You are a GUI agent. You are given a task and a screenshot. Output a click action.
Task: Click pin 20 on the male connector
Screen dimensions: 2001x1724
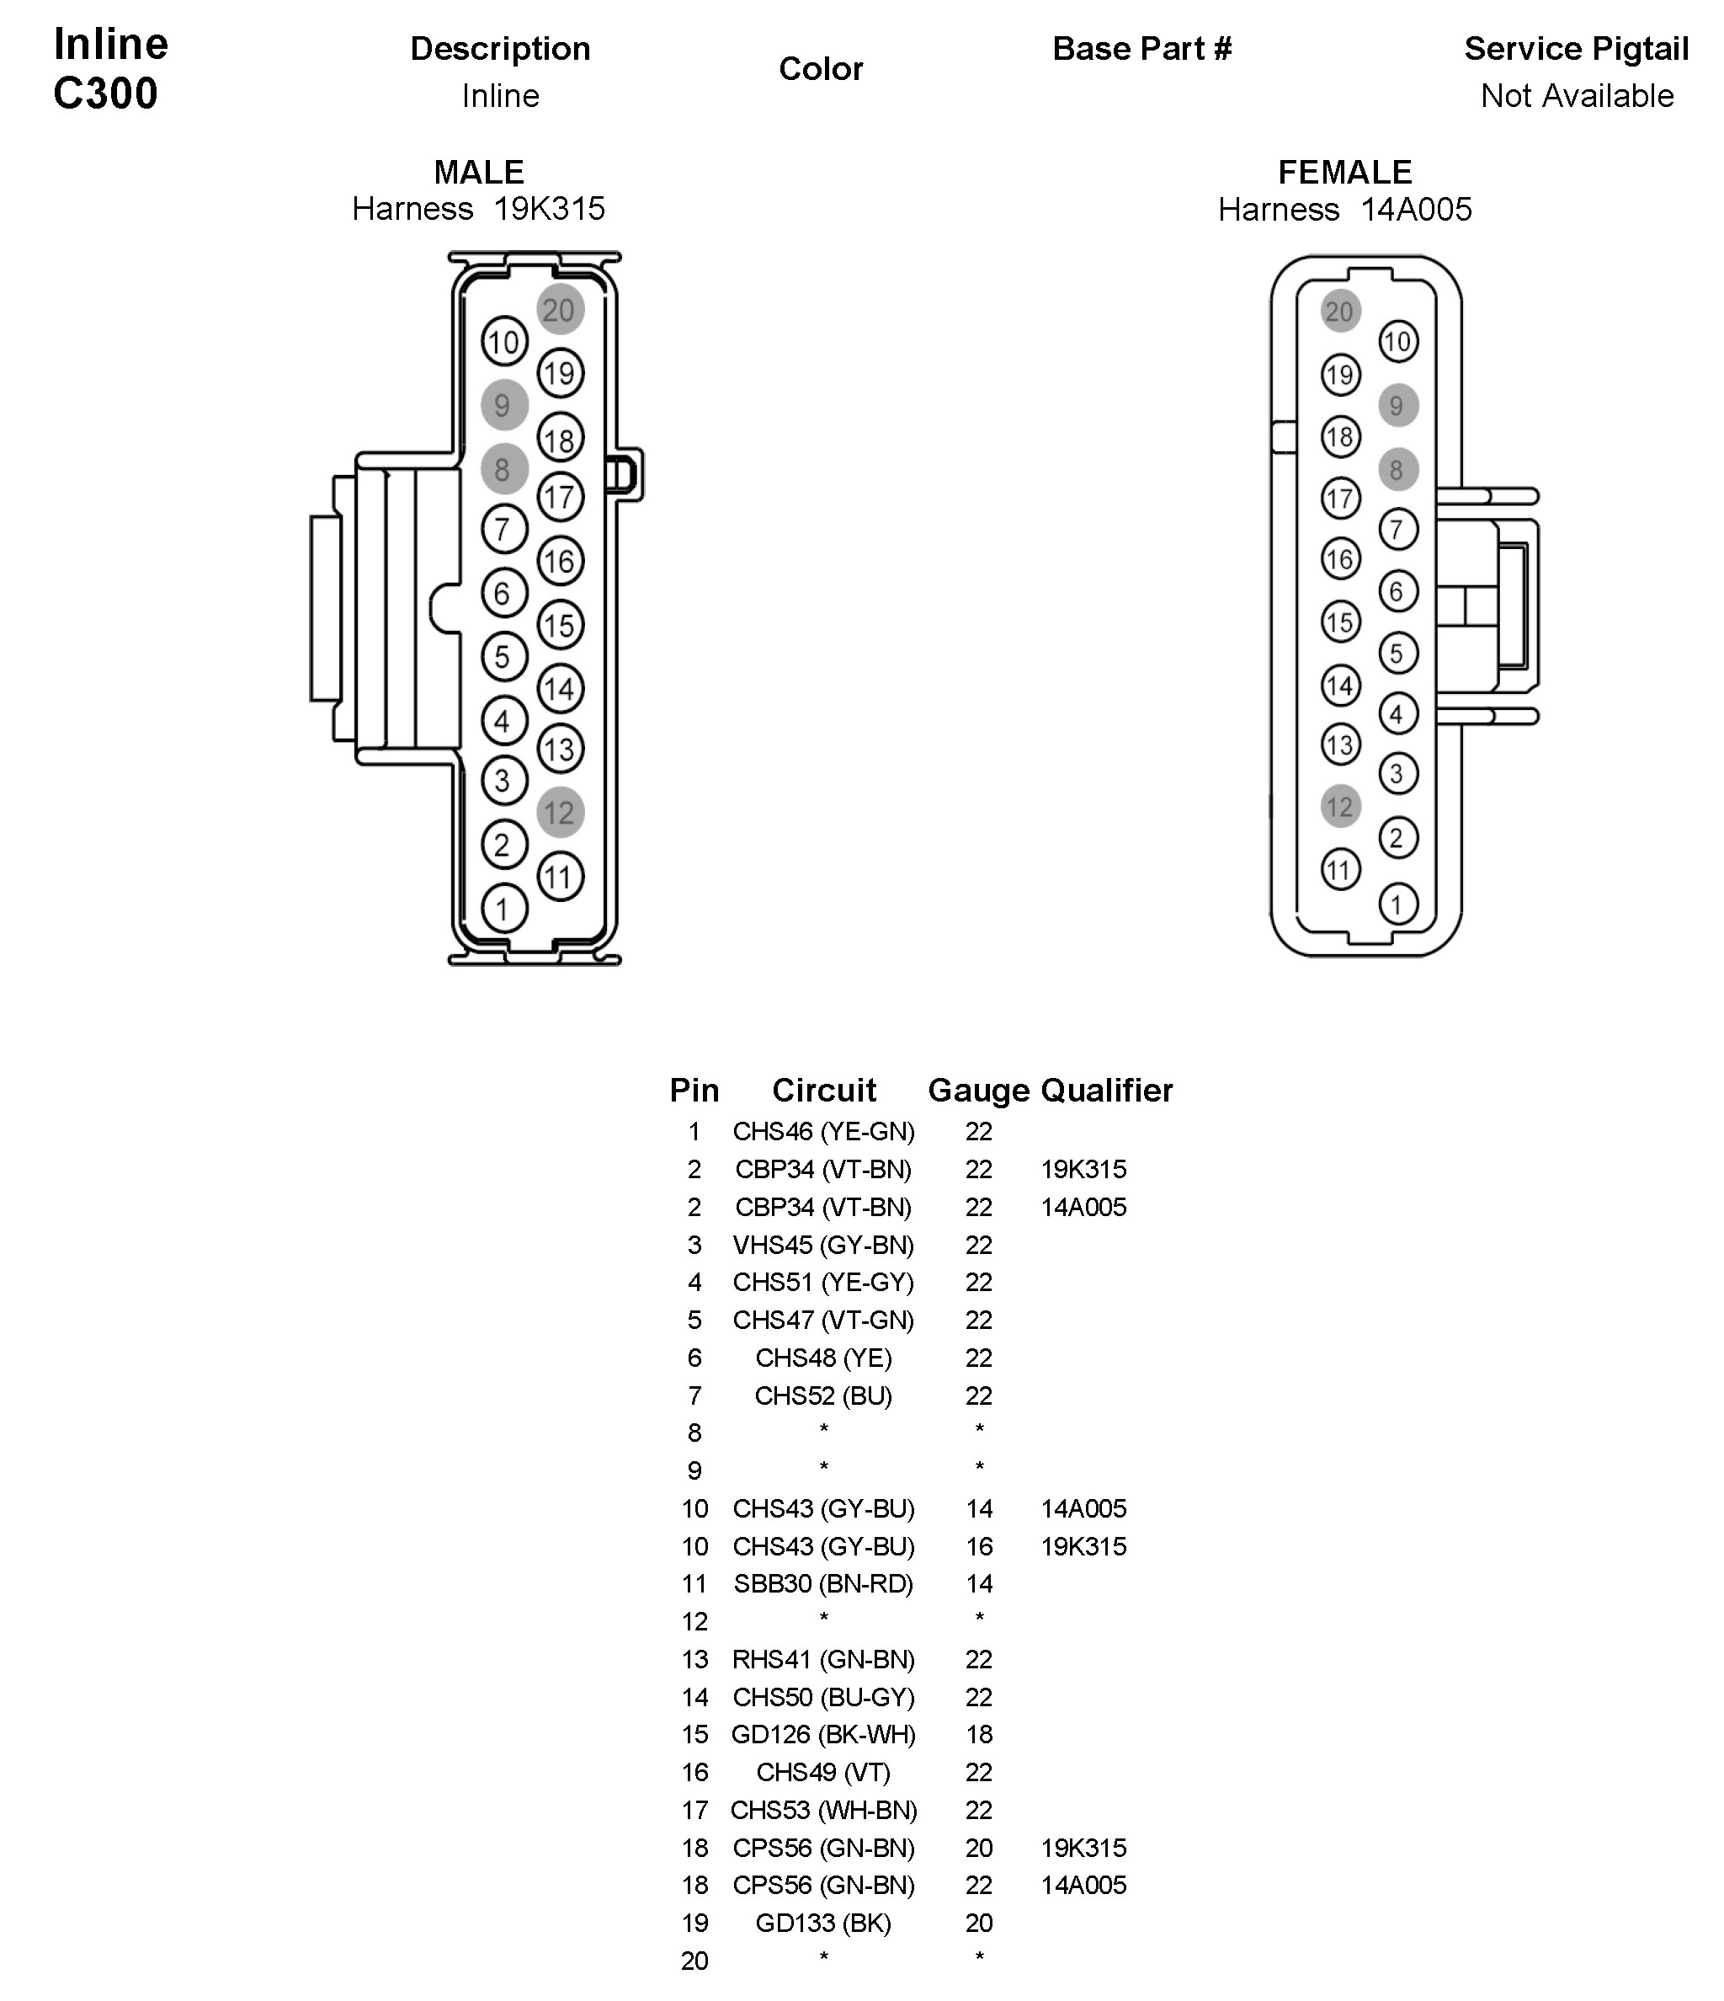tap(560, 310)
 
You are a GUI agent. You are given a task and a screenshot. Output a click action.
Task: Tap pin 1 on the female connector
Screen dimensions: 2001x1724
tap(1397, 904)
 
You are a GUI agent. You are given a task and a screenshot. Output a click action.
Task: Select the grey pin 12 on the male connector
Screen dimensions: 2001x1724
tap(560, 812)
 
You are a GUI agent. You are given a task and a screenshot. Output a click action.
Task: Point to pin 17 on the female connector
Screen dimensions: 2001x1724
tap(1340, 499)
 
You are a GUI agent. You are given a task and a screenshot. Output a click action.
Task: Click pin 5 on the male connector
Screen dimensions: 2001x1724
tap(503, 657)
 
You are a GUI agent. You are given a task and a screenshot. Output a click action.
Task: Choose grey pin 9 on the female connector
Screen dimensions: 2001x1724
tap(1397, 406)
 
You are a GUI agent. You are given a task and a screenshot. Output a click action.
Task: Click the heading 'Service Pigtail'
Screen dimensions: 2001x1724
tap(1575, 48)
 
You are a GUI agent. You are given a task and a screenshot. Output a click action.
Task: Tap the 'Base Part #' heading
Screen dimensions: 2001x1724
tap(1142, 48)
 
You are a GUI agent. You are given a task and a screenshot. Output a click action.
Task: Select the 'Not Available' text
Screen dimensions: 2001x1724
tap(1577, 96)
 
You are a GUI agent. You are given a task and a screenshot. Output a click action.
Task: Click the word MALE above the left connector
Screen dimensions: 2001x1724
tap(479, 172)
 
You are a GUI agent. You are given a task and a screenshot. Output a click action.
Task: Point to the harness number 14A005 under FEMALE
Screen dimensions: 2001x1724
tap(1416, 209)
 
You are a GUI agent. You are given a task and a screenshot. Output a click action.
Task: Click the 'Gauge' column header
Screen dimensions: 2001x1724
tap(978, 1091)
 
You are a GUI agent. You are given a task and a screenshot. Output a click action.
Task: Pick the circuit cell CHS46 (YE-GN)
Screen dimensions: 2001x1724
tap(823, 1131)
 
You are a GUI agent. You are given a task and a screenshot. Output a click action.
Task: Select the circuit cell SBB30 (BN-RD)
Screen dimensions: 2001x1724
tap(823, 1584)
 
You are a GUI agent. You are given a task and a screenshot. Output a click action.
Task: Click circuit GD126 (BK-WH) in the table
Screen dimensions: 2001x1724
tap(823, 1735)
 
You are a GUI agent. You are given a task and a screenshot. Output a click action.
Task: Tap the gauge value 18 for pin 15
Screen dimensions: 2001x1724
tap(979, 1735)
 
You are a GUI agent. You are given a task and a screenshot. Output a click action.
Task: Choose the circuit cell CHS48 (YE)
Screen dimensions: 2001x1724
tap(823, 1358)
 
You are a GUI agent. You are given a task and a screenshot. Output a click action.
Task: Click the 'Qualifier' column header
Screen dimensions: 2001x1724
tap(1106, 1091)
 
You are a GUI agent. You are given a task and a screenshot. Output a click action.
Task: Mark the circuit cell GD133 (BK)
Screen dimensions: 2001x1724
tap(823, 1923)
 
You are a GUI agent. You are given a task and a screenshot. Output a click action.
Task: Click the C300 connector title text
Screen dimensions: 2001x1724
tap(105, 93)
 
